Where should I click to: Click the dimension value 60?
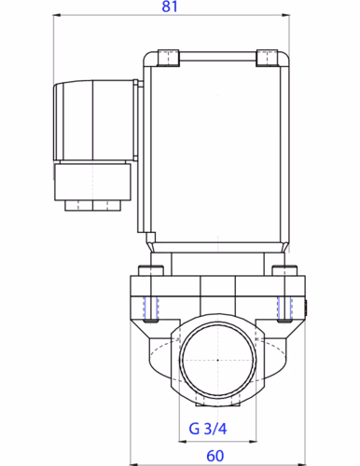tap(215, 455)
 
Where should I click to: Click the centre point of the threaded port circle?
tap(216, 360)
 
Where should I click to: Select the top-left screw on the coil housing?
tap(167, 56)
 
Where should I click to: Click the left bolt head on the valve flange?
tap(152, 272)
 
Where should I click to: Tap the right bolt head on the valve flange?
tap(280, 272)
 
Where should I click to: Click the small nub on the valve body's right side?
tap(304, 305)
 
